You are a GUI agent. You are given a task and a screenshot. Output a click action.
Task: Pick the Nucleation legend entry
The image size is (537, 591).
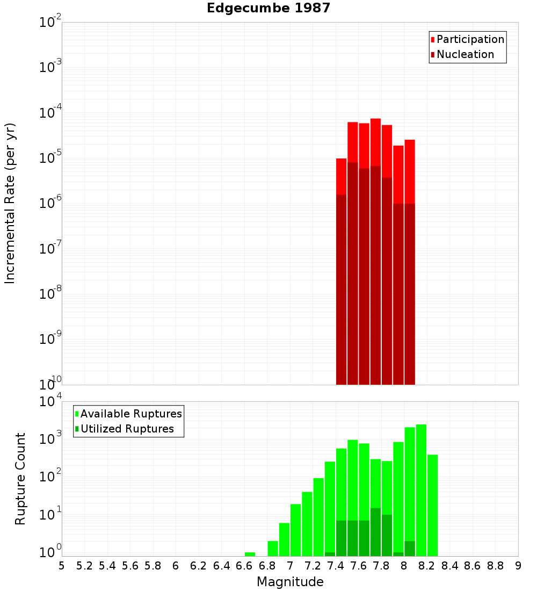pyautogui.click(x=465, y=55)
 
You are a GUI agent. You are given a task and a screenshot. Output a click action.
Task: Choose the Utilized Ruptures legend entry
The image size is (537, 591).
pyautogui.click(x=127, y=429)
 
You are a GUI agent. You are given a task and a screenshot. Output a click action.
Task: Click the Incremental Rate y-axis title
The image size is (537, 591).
pyautogui.click(x=11, y=203)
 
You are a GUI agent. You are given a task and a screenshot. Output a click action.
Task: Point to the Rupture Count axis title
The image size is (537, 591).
pyautogui.click(x=20, y=479)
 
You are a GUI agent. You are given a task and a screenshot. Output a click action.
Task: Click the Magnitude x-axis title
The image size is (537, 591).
pyautogui.click(x=290, y=582)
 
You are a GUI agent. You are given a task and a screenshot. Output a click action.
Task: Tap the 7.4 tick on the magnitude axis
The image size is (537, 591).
pyautogui.click(x=336, y=566)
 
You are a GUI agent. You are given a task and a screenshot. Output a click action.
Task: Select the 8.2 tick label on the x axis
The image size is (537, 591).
pyautogui.click(x=427, y=566)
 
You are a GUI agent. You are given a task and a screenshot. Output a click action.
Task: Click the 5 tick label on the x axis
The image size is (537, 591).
pyautogui.click(x=62, y=566)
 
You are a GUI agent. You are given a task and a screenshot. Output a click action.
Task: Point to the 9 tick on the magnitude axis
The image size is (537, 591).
pyautogui.click(x=518, y=566)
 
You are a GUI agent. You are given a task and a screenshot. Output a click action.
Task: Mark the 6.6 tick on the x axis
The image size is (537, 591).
pyautogui.click(x=244, y=566)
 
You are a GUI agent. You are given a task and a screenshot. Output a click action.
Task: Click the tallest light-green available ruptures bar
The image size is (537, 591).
pyautogui.click(x=421, y=489)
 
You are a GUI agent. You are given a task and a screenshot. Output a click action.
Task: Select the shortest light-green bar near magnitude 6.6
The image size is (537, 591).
pyautogui.click(x=250, y=554)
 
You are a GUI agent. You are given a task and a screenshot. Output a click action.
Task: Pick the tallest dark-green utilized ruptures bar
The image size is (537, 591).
pyautogui.click(x=375, y=532)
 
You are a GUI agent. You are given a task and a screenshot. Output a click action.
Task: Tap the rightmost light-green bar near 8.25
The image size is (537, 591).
pyautogui.click(x=432, y=505)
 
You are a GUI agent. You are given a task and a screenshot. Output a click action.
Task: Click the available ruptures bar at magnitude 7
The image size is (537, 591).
pyautogui.click(x=295, y=529)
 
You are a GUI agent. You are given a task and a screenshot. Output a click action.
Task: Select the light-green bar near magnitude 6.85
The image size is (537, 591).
pyautogui.click(x=273, y=548)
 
